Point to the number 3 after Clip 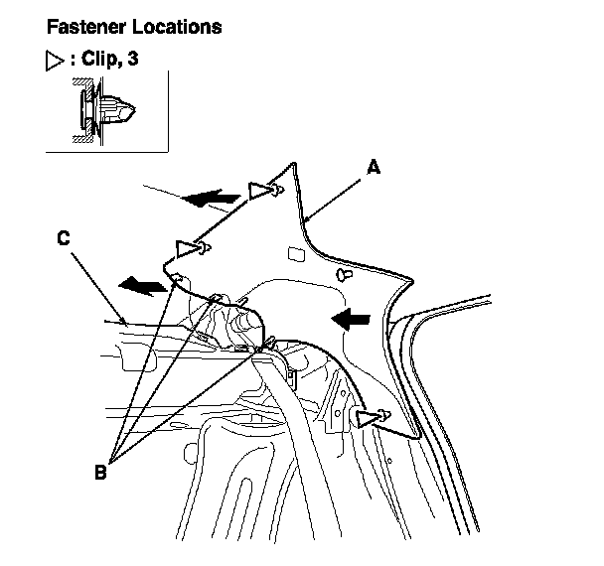pos(132,60)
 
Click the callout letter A pos(373,170)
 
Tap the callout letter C pos(65,238)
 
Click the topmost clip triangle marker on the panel pos(261,188)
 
